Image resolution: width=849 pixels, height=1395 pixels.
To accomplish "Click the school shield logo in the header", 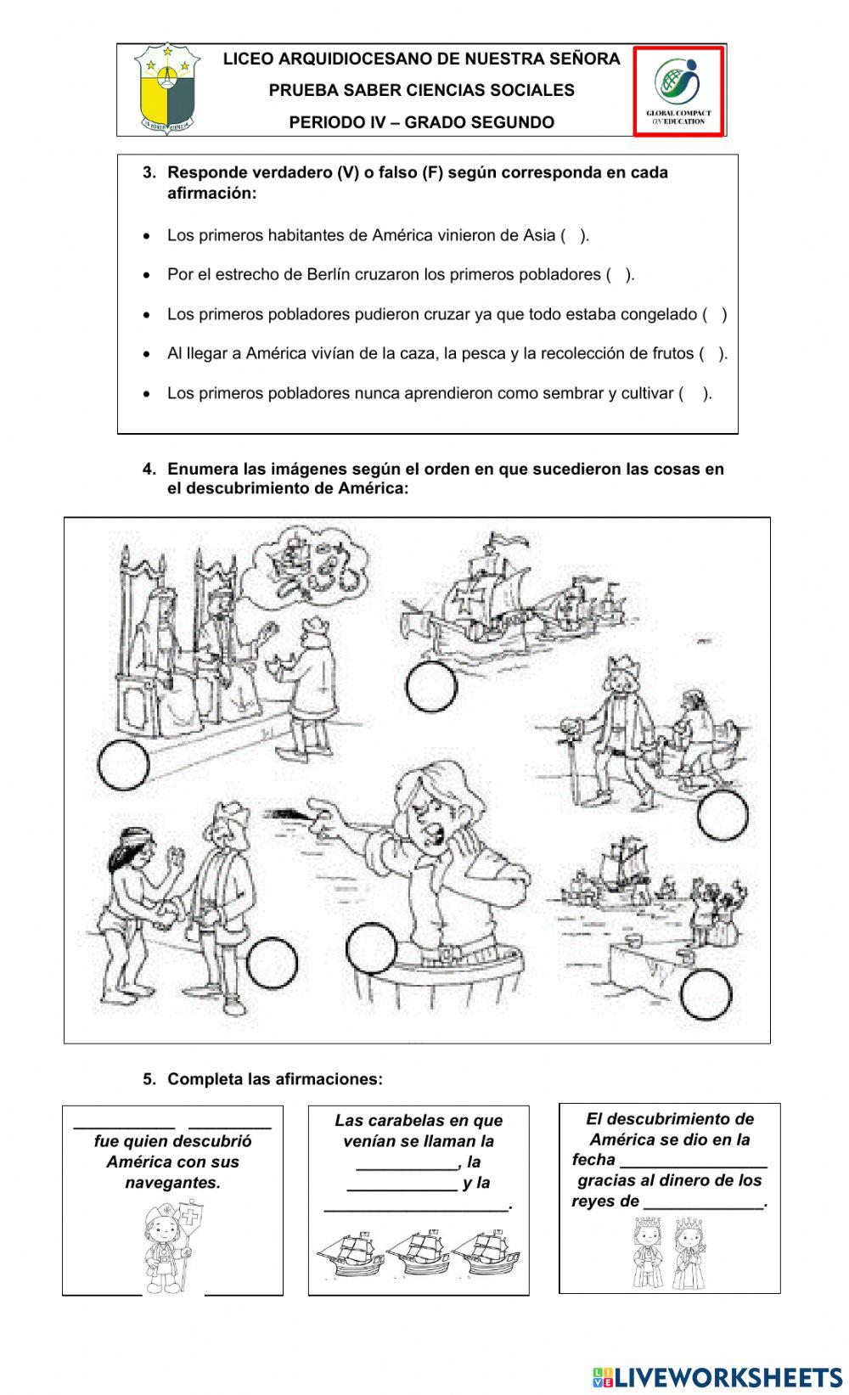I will [x=166, y=90].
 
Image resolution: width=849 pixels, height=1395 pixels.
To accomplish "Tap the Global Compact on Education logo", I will [x=678, y=90].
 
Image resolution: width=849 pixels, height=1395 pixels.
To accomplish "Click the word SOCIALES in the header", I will [x=530, y=90].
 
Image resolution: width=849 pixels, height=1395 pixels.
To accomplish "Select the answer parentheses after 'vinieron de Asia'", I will [x=574, y=235].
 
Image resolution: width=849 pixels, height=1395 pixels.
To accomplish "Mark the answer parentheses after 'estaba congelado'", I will [x=714, y=314].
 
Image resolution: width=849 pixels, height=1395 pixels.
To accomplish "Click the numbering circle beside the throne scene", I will [x=123, y=765].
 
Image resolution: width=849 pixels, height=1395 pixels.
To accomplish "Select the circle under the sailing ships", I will [x=431, y=687].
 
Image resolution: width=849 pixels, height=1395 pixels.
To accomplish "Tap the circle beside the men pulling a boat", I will [x=722, y=814].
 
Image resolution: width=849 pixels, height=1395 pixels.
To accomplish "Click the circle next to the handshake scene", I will [x=272, y=963].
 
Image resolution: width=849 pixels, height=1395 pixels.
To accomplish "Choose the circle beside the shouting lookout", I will [x=372, y=948].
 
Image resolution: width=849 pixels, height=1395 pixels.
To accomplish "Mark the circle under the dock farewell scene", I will [x=705, y=994].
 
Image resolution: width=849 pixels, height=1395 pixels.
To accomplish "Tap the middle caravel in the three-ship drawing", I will [x=418, y=1252].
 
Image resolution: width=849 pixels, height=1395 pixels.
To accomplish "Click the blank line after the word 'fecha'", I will [x=694, y=1162].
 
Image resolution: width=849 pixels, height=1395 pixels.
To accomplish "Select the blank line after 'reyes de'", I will [x=704, y=1202].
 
